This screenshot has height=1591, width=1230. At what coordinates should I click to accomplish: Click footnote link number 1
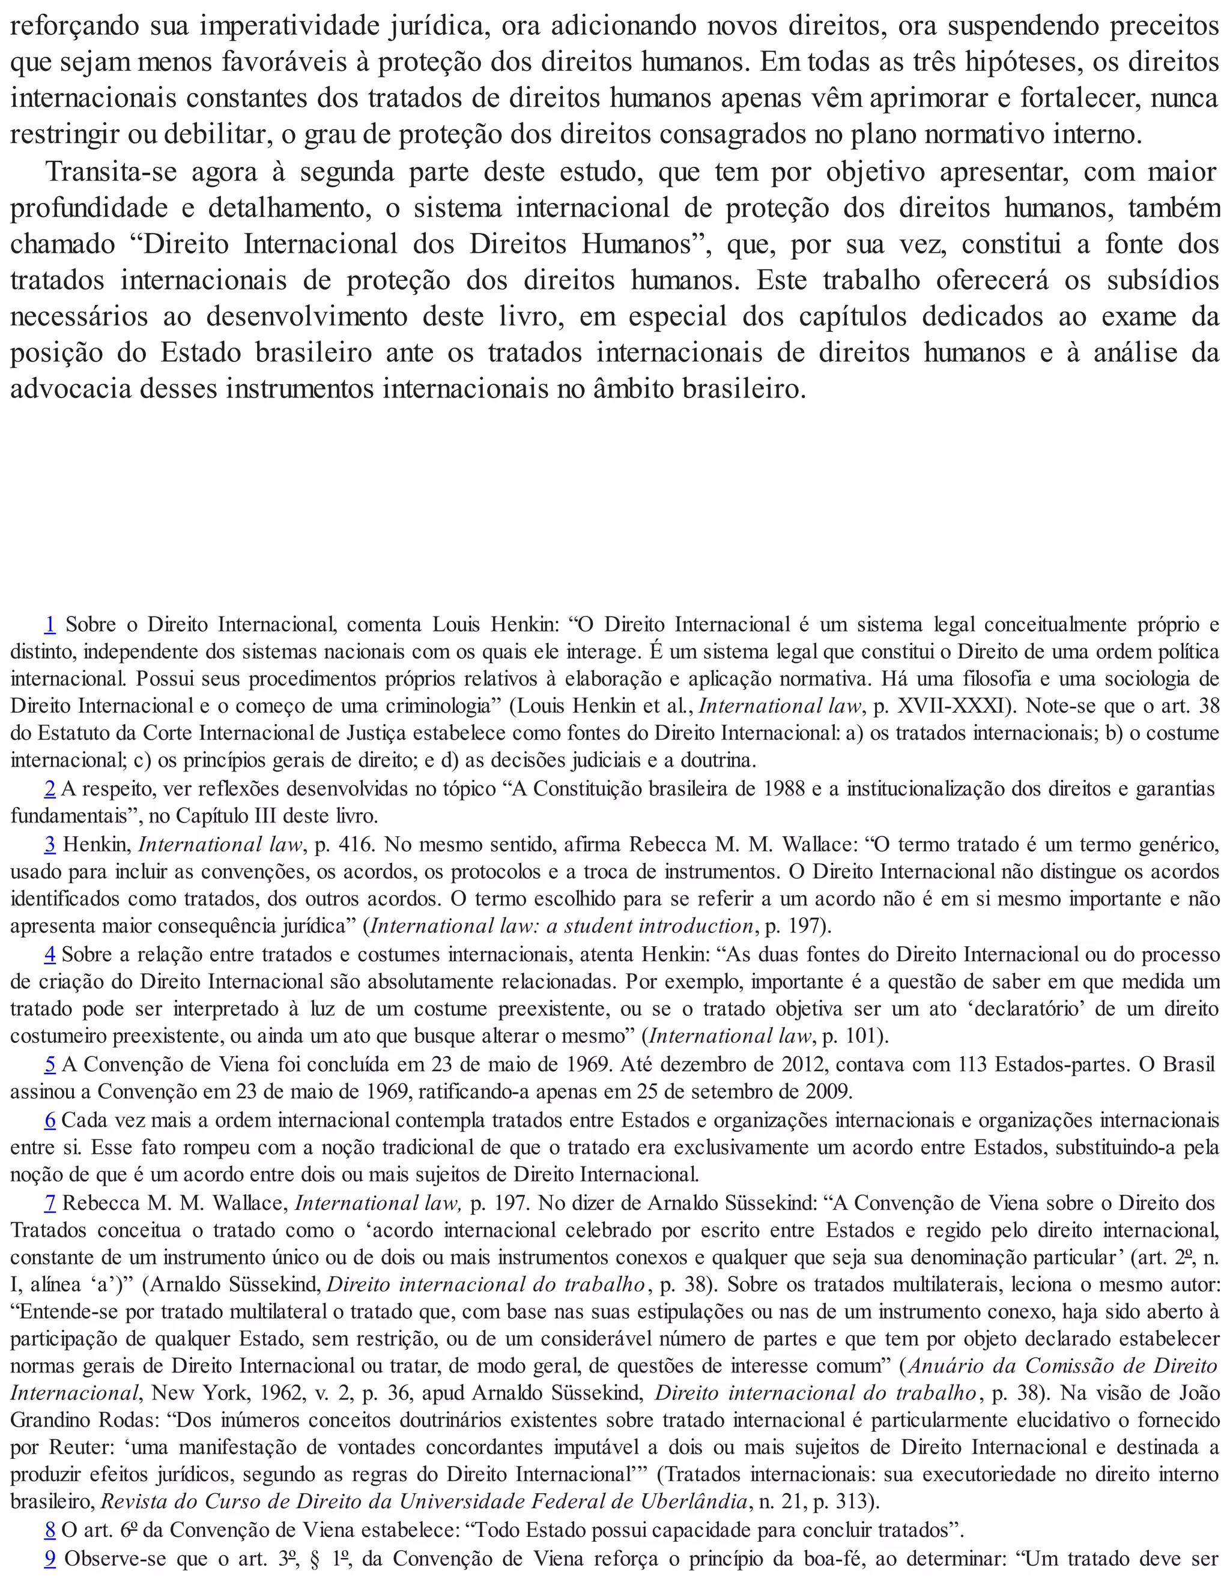[x=50, y=624]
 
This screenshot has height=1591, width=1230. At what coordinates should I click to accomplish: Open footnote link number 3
[x=50, y=844]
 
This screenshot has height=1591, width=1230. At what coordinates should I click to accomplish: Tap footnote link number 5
[x=50, y=1064]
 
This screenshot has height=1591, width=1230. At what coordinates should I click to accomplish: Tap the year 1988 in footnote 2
[x=776, y=789]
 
